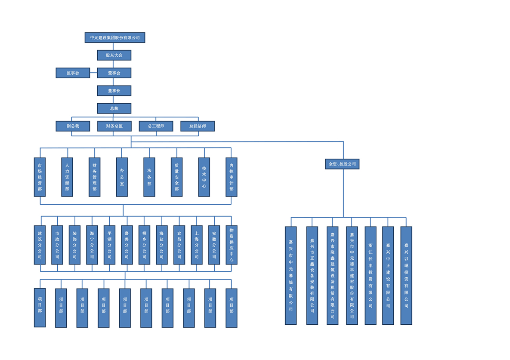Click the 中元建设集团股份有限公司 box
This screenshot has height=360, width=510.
(114, 37)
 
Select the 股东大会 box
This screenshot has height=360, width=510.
(114, 55)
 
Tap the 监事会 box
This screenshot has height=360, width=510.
(73, 73)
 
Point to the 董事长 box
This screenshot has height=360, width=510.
(114, 91)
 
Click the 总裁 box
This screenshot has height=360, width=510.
(114, 108)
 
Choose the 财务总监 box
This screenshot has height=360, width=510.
(114, 126)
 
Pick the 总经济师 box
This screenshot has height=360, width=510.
(198, 126)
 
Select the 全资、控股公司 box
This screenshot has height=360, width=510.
(342, 164)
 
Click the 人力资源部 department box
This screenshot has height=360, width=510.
(67, 177)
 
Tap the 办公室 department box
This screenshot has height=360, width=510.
(122, 177)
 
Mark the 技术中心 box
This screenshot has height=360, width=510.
(204, 177)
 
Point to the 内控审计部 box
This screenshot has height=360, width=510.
(232, 177)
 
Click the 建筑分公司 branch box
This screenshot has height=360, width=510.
(40, 245)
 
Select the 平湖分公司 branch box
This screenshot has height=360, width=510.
(109, 245)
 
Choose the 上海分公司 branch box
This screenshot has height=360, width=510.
(197, 245)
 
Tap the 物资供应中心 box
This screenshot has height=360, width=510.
(232, 245)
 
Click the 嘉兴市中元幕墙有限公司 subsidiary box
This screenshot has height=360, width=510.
(291, 276)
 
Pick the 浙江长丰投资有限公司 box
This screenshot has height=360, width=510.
(371, 276)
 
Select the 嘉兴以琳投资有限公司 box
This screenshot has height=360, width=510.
(406, 276)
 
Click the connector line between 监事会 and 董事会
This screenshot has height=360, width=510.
(93, 73)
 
